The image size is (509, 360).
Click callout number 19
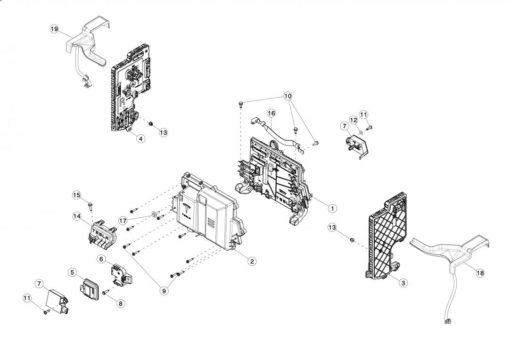(54, 29)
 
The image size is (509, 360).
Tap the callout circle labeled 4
(140, 139)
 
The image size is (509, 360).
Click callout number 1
(332, 207)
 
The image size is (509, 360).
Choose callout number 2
(253, 261)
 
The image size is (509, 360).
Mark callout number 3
(403, 283)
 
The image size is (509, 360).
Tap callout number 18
(480, 273)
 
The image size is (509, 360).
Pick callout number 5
(72, 272)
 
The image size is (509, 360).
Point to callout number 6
(101, 259)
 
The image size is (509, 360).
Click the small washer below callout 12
(361, 133)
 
